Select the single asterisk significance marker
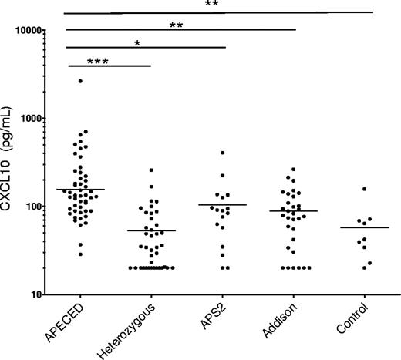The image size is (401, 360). [x=138, y=44]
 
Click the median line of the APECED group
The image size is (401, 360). [x=80, y=189]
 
